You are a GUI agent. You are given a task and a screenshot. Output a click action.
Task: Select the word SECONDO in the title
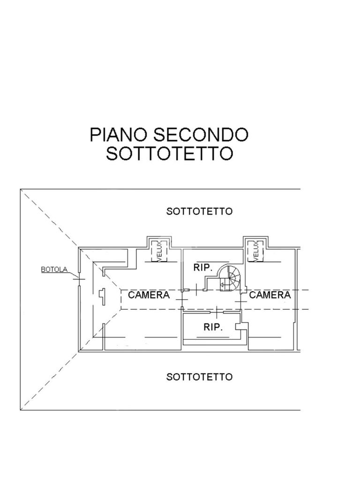point(201,135)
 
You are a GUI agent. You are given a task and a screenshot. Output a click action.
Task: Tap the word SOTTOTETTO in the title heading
point(169,153)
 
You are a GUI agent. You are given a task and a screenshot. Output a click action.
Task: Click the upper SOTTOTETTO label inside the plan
point(199,211)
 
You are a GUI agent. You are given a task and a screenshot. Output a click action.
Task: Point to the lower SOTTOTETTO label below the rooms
point(199,376)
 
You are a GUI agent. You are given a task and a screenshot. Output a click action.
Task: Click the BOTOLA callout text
point(54,270)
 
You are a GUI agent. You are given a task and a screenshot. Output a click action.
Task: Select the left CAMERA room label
point(149,295)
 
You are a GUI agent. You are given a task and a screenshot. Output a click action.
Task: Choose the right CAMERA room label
point(270,295)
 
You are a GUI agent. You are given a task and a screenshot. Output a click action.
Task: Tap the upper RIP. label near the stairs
point(202,268)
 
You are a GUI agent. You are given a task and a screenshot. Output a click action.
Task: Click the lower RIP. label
point(213,327)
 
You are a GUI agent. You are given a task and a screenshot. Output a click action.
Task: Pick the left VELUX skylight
point(159,251)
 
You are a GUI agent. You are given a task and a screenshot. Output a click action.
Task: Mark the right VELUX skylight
point(256,251)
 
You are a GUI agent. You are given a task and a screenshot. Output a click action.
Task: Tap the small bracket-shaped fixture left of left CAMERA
point(101,296)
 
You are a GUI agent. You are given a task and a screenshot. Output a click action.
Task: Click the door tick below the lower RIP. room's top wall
point(217,311)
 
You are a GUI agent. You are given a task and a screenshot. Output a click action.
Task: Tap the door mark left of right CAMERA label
point(241,301)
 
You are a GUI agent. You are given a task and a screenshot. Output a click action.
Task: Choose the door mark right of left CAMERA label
point(182,298)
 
